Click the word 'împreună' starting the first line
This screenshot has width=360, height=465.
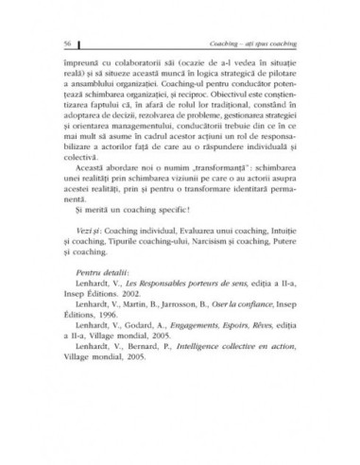point(79,60)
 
